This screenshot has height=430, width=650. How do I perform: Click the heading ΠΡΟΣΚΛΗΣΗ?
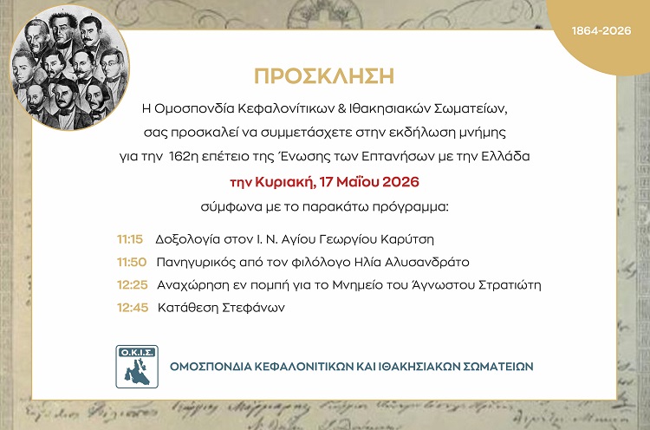coord(324,76)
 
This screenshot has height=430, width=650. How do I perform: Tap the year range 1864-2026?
coord(601,30)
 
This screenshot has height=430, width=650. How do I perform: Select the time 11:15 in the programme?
coord(130,239)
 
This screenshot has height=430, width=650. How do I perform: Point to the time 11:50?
coord(132,262)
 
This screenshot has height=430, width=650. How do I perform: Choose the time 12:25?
coord(133,285)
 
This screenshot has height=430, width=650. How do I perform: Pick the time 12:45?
coord(133,308)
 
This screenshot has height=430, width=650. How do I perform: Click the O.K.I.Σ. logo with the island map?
coord(137,367)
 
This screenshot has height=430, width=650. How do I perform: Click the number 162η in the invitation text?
coord(183,156)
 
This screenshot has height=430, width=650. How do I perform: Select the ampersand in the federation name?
coord(342,109)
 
